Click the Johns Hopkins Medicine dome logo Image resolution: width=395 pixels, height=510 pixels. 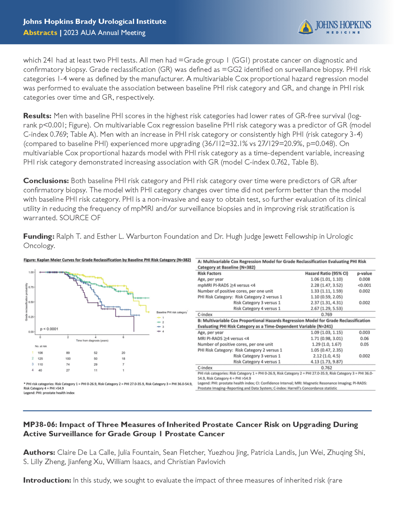(x=305, y=27)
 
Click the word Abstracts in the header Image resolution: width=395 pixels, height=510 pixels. (x=40, y=33)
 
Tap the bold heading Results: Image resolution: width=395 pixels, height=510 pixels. (x=37, y=116)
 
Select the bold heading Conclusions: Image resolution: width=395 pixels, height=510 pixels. (x=46, y=181)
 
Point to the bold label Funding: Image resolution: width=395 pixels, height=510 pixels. (x=39, y=237)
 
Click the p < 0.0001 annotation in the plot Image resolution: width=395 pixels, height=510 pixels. (x=49, y=329)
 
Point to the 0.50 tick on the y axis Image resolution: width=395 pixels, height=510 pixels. (x=31, y=302)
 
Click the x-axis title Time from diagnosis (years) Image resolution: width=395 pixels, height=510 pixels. (x=92, y=341)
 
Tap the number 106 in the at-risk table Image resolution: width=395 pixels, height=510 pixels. (x=40, y=353)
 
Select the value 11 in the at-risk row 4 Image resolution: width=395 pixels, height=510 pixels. (x=96, y=370)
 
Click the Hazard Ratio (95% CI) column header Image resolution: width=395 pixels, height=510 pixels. (x=326, y=273)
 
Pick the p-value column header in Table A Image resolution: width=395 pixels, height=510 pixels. (x=364, y=273)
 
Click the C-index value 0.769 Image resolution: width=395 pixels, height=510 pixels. (x=326, y=315)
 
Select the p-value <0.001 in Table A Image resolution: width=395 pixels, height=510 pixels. (x=364, y=285)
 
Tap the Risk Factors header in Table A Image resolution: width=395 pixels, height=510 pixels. (x=209, y=273)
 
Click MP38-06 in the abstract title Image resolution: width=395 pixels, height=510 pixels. (x=39, y=425)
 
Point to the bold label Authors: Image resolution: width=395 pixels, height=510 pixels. (x=39, y=453)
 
